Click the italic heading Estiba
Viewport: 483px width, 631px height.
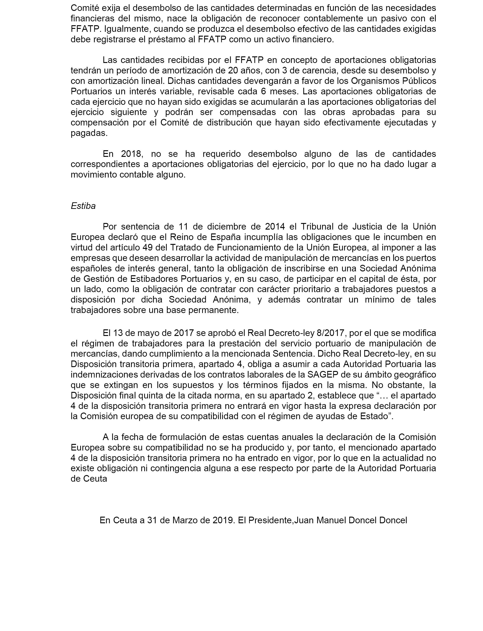83,206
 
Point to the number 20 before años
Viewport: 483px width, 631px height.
233,70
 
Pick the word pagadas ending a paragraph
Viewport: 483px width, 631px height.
89,133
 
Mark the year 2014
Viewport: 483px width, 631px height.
275,227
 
